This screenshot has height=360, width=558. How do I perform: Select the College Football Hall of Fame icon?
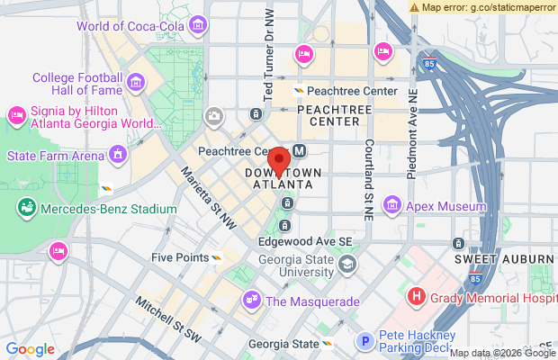click(137, 84)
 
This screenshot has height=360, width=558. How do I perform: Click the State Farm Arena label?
click(56, 156)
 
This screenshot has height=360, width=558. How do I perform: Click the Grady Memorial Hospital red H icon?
click(417, 295)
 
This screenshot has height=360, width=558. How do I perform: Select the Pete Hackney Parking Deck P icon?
click(365, 341)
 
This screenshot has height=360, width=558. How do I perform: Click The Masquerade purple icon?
click(251, 301)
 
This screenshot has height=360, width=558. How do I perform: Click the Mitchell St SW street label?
click(169, 320)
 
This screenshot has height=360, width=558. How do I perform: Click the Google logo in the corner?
click(30, 349)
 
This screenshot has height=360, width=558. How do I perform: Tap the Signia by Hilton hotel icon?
click(15, 115)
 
